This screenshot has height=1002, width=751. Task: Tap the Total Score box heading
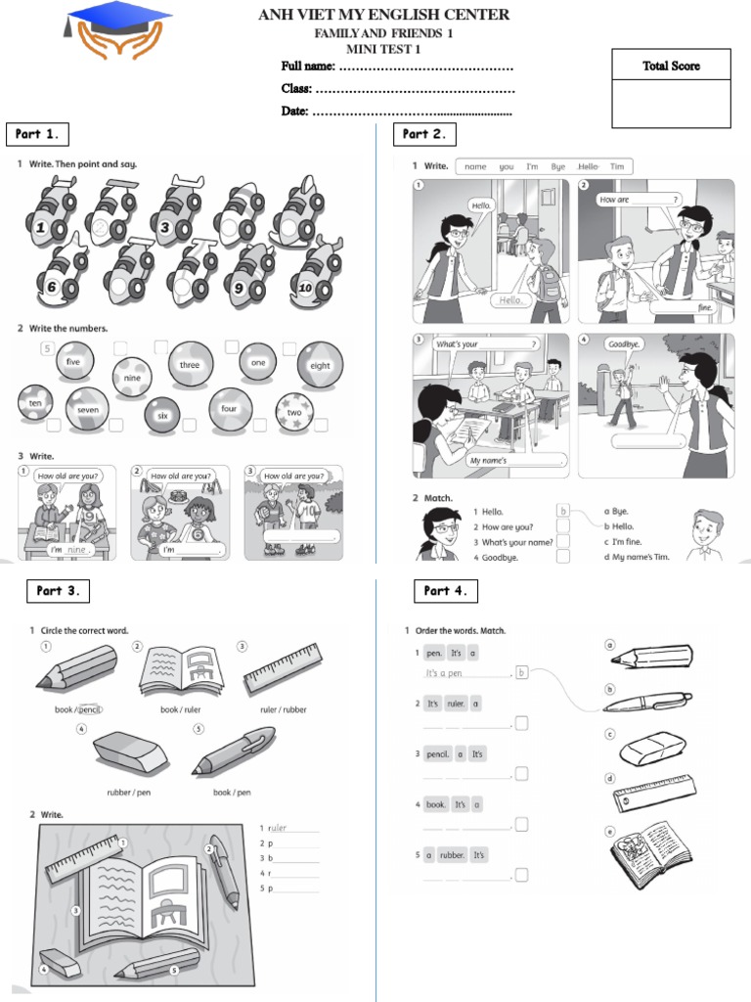pos(671,66)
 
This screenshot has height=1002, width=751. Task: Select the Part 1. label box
pos(38,133)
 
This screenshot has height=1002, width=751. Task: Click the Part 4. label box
pos(445,591)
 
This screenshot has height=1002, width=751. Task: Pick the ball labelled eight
pos(319,365)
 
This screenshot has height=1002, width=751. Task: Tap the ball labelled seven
pos(88,409)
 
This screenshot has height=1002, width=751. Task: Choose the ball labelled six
pos(162,415)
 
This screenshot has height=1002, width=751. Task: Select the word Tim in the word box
pos(617,166)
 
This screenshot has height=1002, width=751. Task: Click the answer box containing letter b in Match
pos(562,511)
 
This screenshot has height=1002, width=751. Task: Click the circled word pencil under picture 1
pos(90,709)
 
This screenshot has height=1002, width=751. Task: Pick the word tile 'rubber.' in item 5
pos(452,854)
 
